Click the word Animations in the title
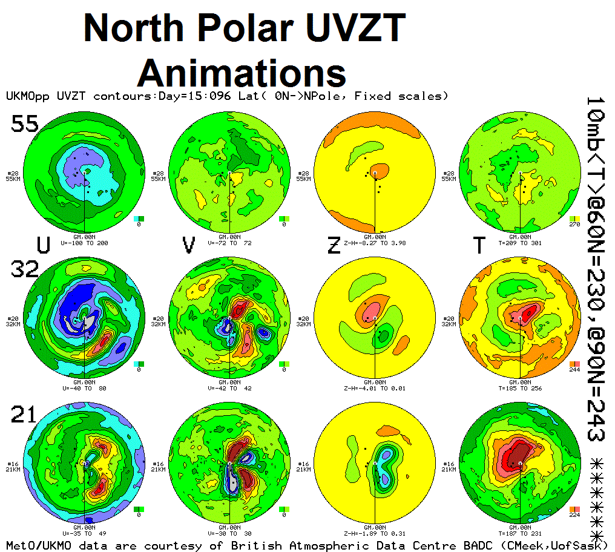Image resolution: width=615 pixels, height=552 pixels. click(242, 73)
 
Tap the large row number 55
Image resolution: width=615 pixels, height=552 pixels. click(24, 124)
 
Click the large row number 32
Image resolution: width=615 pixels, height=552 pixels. click(24, 268)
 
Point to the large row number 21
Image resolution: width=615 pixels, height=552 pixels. click(24, 415)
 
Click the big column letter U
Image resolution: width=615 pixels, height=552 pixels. click(43, 245)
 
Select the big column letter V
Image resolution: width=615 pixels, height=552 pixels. click(189, 245)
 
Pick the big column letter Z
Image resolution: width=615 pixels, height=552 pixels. click(334, 245)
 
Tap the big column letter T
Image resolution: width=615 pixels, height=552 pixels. click(479, 245)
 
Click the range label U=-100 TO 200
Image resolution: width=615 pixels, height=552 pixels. click(85, 243)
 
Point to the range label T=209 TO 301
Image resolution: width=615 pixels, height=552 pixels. click(520, 243)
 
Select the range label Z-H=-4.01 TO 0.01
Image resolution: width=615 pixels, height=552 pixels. click(375, 388)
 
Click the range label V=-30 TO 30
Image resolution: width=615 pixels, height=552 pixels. click(230, 533)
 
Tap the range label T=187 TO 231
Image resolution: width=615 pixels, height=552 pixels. click(520, 533)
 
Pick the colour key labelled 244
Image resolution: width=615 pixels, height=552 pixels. click(574, 364)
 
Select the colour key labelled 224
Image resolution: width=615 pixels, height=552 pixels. click(574, 509)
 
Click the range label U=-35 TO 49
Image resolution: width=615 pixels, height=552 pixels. click(85, 533)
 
